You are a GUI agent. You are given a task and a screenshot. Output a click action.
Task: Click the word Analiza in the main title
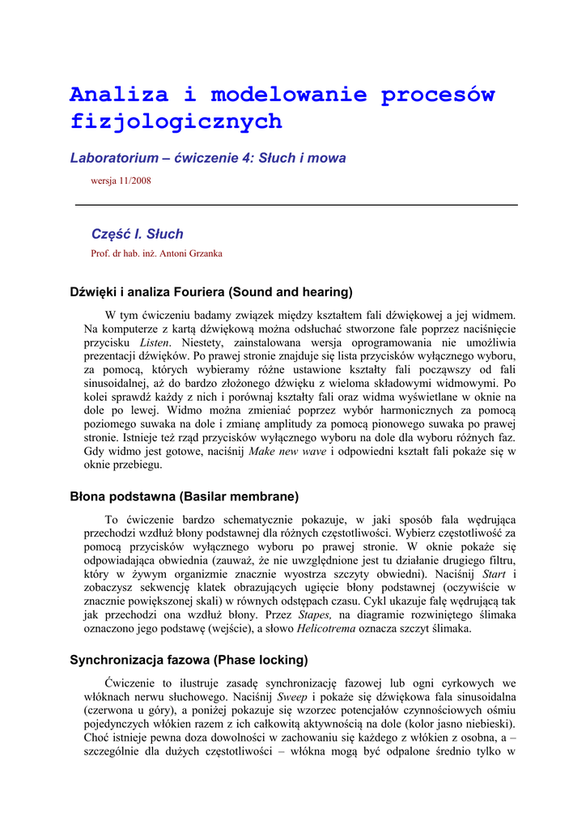[119, 95]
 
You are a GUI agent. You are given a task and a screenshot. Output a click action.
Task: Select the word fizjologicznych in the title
[176, 122]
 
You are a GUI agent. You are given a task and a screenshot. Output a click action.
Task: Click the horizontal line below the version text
[296, 206]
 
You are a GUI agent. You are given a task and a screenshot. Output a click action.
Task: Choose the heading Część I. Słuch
[137, 234]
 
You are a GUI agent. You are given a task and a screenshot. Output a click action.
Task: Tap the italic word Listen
[154, 342]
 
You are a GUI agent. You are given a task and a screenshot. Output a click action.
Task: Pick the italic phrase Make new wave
[287, 451]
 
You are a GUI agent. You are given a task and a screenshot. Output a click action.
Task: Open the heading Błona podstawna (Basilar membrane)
[185, 496]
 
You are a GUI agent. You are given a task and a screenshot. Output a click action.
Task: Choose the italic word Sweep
[292, 696]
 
